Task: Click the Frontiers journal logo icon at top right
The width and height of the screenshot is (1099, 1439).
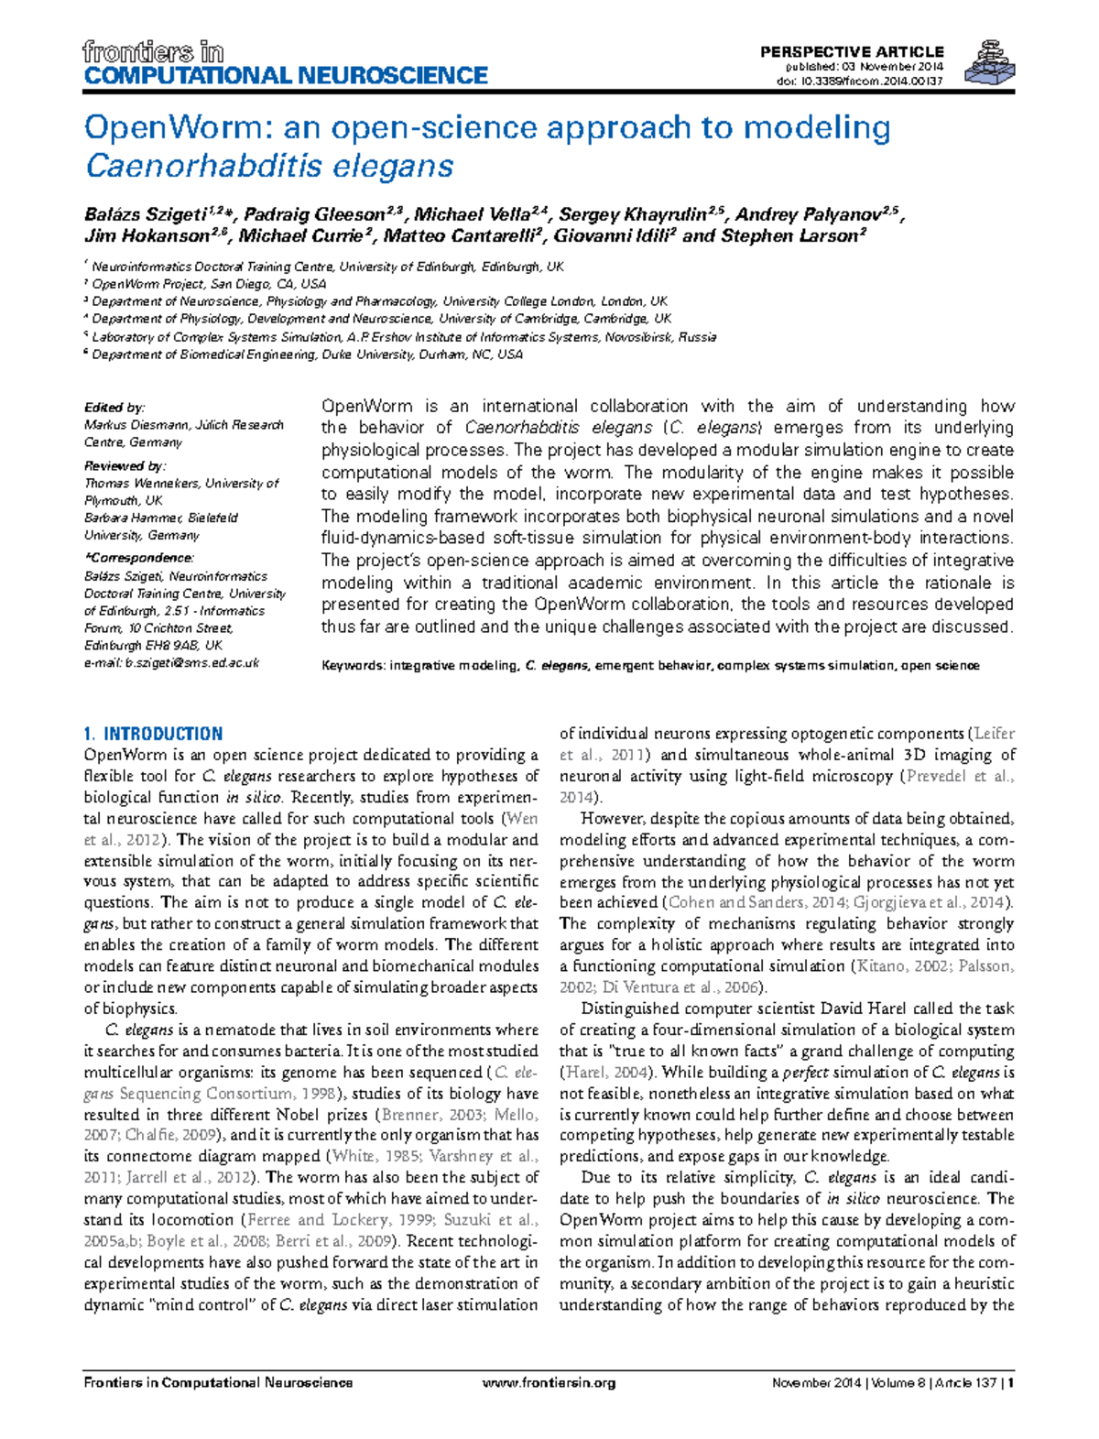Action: (x=992, y=63)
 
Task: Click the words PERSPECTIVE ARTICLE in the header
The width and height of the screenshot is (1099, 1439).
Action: (x=851, y=52)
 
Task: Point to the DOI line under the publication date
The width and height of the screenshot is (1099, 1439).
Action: (x=859, y=81)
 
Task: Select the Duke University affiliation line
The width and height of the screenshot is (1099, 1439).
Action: (x=307, y=354)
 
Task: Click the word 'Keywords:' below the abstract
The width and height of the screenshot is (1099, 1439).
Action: (x=353, y=666)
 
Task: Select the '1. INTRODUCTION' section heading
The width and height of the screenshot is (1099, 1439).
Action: (x=153, y=734)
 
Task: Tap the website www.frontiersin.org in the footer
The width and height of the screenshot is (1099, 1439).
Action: (x=548, y=1383)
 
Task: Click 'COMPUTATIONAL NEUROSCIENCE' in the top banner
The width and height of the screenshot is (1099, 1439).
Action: (x=286, y=75)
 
